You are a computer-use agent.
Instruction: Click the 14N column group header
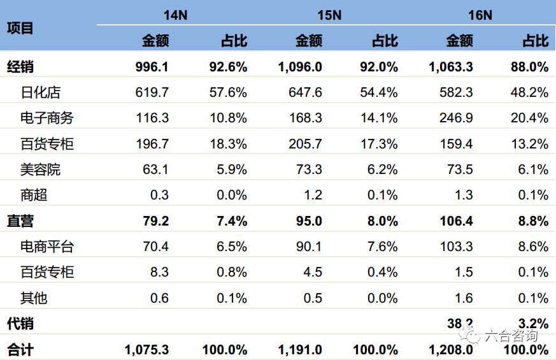tap(175, 15)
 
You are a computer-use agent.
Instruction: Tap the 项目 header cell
tap(20, 28)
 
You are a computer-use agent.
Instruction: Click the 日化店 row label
tap(40, 92)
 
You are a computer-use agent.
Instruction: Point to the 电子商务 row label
tap(47, 118)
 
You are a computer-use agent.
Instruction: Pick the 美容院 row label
tap(40, 169)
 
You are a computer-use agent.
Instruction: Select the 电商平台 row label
tap(47, 247)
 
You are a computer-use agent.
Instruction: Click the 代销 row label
tap(20, 324)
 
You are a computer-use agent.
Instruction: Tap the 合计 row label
tap(20, 350)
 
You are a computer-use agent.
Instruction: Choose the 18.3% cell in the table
tap(228, 144)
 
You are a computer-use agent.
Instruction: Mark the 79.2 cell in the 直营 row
tap(155, 221)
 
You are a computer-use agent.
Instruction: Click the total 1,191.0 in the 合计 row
tap(300, 350)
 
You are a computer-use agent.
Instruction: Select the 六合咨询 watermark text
tap(510, 336)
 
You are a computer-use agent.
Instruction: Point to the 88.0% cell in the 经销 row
tap(529, 67)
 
